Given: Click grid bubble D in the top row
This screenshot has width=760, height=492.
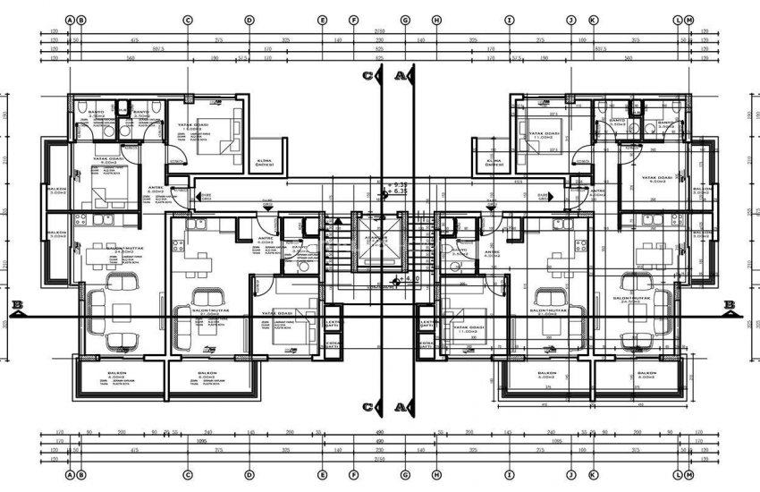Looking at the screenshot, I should (x=249, y=19).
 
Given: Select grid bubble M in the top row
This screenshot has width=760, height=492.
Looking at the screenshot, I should (x=690, y=19).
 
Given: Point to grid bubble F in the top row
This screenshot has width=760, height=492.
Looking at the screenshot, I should (x=354, y=19).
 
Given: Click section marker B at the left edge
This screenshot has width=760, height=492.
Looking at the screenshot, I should (x=15, y=305).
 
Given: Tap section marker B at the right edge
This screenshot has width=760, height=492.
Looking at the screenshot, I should (x=730, y=305).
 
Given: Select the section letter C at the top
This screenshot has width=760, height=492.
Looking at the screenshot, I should (x=368, y=78).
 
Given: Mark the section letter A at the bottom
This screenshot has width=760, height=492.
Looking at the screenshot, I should (x=400, y=407).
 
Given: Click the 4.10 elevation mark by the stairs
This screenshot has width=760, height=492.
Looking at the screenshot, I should (x=414, y=279).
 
